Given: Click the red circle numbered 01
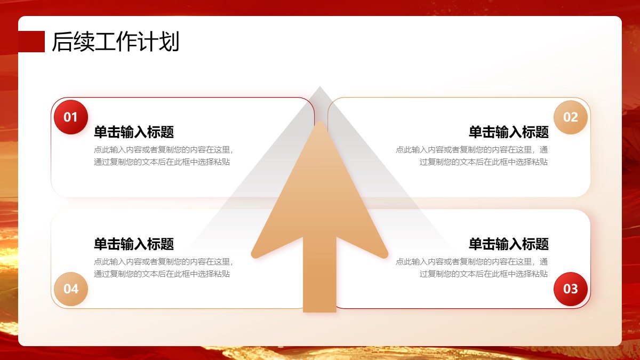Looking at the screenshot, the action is [71, 117].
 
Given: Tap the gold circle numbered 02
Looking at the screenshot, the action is [571, 117].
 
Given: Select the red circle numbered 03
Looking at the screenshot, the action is [571, 289].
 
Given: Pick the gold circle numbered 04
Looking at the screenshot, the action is [71, 289].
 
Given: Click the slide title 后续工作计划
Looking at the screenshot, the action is [115, 42].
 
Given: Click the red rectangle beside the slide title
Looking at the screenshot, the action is [31, 42].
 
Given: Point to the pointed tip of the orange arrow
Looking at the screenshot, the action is [319, 122].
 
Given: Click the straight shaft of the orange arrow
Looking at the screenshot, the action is [319, 274].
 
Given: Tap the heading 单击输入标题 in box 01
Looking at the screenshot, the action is [134, 132].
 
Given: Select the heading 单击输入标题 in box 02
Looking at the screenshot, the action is [509, 132].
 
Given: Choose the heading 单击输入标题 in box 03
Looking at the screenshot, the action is [509, 244].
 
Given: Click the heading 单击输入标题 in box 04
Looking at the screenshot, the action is [134, 244].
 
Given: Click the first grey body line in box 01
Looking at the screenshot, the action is [163, 150].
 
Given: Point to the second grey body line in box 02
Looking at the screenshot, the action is [483, 162].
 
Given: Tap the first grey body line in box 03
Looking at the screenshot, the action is [471, 262].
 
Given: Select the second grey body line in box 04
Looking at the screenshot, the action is [162, 274].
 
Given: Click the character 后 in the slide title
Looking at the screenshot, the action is [62, 42].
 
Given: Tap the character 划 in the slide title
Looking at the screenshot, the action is [169, 42].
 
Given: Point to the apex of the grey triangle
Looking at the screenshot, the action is [319, 86].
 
